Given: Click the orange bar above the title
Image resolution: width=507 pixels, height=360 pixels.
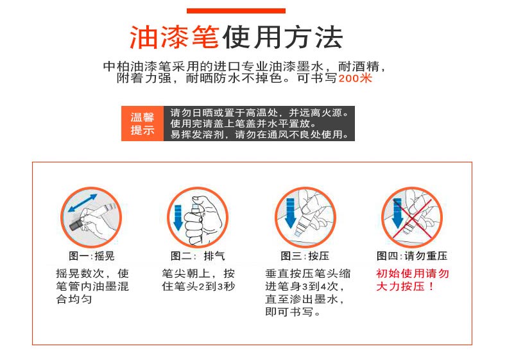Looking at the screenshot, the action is point(236,11).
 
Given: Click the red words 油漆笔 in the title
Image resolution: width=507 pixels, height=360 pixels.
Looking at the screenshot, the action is point(175,37).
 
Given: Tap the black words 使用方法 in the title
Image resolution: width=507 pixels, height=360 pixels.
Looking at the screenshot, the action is point(282,37).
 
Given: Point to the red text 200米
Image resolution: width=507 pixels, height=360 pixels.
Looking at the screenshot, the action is point(356,78).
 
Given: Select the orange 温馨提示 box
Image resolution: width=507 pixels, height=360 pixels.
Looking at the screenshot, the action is point(142,123).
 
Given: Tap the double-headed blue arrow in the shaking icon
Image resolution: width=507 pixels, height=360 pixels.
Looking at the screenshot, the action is point(83,203).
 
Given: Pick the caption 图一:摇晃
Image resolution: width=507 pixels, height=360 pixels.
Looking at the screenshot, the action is point(92,256).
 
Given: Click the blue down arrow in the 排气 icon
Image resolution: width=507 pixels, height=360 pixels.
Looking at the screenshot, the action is point(178,218).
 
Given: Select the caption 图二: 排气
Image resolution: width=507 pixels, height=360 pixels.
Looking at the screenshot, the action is point(198,256).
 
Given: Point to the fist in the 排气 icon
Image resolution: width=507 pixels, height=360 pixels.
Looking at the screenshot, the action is point(202,220).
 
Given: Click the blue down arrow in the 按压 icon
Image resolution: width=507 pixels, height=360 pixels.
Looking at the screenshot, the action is point(291,214).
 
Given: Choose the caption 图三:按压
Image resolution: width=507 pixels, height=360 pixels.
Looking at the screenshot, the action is point(305,256).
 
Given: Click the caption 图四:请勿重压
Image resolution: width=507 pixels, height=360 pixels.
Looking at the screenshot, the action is point(412,256).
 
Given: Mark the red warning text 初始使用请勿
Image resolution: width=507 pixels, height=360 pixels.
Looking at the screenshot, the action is point(413,273).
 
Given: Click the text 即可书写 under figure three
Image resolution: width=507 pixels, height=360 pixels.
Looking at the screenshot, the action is point(289,312).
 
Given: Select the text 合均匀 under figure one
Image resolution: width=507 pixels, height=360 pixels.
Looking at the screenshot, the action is point(74,299).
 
